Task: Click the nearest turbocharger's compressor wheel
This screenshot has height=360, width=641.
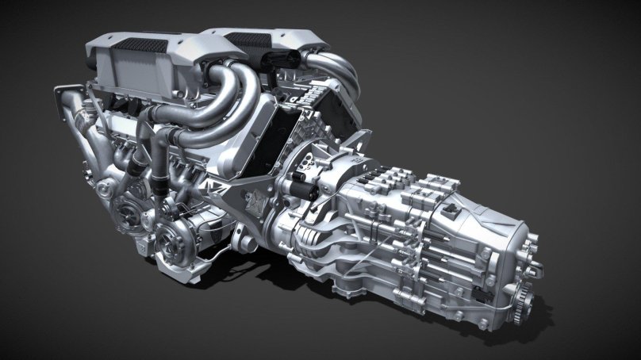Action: coord(168,236)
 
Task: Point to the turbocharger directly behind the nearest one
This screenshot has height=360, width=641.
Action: coord(128,208)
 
